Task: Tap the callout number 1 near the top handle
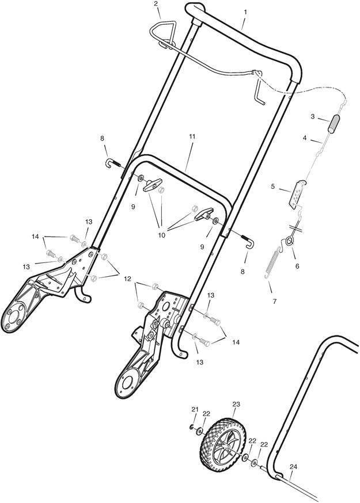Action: point(245,12)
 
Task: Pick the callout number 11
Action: point(192,136)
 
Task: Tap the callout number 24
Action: point(293,467)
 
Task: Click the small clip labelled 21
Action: point(191,427)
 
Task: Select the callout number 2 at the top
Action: point(156,4)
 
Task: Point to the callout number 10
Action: point(161,235)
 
